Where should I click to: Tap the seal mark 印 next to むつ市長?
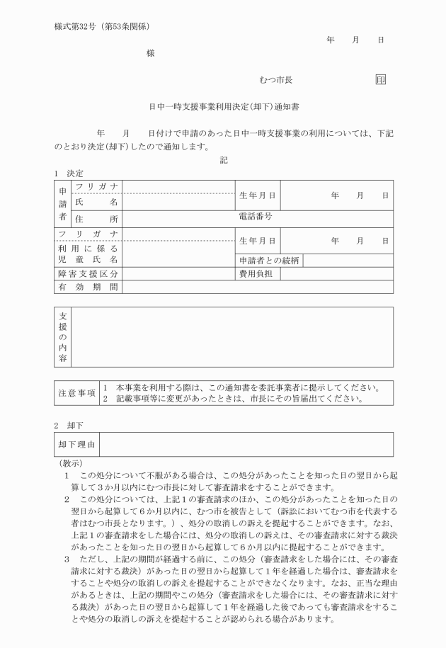[x=380, y=80]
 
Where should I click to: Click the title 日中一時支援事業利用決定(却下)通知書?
[x=224, y=107]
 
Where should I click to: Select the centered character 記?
[x=224, y=160]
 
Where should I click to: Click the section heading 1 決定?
[x=69, y=174]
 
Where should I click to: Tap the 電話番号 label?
[x=256, y=216]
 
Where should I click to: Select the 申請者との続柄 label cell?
[x=269, y=261]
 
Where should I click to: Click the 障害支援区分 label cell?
[x=88, y=273]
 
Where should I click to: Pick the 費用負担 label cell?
[x=257, y=273]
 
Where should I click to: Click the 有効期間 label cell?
[x=88, y=287]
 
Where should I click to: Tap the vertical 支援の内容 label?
[x=62, y=336]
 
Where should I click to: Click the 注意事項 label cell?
[x=77, y=392]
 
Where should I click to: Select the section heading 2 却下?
[x=69, y=426]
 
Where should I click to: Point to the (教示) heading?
[x=72, y=462]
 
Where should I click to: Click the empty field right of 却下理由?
[x=246, y=444]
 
